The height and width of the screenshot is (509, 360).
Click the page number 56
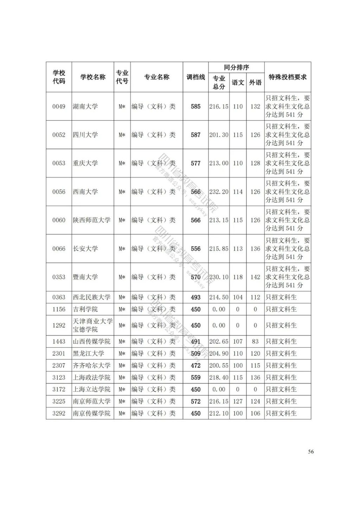pyautogui.click(x=311, y=452)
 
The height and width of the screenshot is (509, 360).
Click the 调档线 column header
pyautogui.click(x=195, y=77)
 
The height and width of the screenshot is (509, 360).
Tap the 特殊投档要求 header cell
pyautogui.click(x=288, y=77)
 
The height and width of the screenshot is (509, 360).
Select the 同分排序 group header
pyautogui.click(x=236, y=67)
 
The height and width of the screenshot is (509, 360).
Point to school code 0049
pyautogui.click(x=59, y=107)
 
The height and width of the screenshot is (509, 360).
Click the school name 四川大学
pyautogui.click(x=85, y=135)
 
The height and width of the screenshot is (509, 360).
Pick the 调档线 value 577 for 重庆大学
pyautogui.click(x=195, y=163)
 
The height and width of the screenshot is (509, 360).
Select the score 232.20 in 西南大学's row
pyautogui.click(x=219, y=192)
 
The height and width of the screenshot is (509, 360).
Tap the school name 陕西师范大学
pyautogui.click(x=91, y=220)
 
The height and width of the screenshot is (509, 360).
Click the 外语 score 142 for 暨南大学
pyautogui.click(x=255, y=277)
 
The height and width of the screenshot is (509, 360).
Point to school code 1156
pyautogui.click(x=59, y=309)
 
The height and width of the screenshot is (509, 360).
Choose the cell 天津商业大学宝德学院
pyautogui.click(x=92, y=326)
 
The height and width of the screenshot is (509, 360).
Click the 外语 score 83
pyautogui.click(x=255, y=341)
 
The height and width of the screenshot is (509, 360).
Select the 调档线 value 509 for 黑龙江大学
pyautogui.click(x=195, y=354)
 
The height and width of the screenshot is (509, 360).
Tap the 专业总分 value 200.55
pyautogui.click(x=219, y=366)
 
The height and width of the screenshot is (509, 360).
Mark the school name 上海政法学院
pyautogui.click(x=91, y=378)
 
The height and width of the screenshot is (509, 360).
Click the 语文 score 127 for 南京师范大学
pyautogui.click(x=238, y=401)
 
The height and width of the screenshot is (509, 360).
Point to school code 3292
pyautogui.click(x=59, y=413)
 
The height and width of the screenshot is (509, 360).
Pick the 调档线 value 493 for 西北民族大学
pyautogui.click(x=195, y=297)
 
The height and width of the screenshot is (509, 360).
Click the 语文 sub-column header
pyautogui.click(x=238, y=83)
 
